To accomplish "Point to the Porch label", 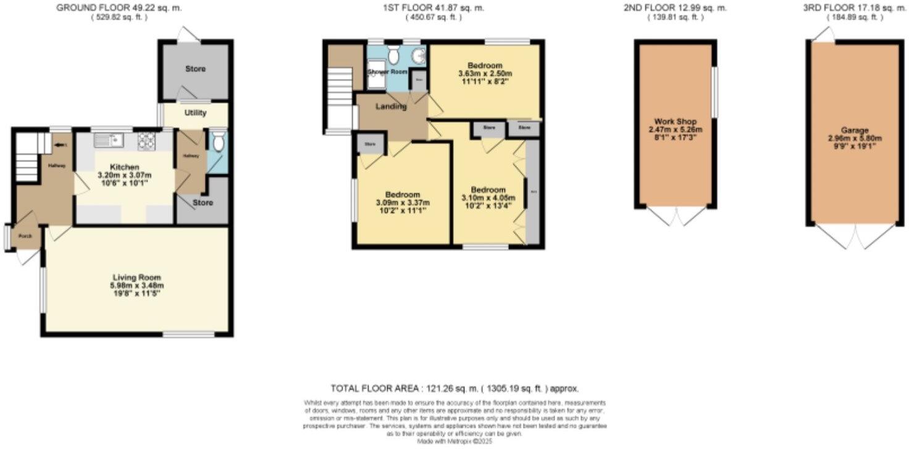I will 25,236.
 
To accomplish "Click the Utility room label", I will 195,113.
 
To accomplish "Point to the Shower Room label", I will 387,72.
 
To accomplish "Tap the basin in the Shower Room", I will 419,56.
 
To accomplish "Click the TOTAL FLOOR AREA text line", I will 454,389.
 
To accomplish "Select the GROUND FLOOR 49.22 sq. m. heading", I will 119,8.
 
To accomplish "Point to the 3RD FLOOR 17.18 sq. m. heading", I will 855,8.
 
